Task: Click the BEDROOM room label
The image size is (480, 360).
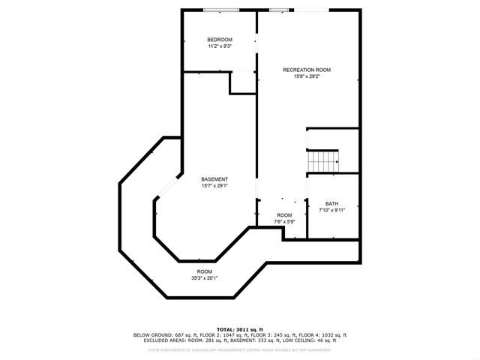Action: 220,39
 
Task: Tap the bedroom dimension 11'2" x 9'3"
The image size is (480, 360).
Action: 220,46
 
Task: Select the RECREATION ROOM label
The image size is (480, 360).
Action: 306,70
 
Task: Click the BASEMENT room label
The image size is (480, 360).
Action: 214,178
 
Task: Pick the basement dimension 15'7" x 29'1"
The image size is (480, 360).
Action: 214,185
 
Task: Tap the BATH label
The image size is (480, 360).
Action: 331,203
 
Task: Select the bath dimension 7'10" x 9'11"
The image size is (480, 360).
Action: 331,210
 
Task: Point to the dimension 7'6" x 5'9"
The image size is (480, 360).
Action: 284,221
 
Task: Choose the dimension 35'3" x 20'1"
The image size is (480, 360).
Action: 205,277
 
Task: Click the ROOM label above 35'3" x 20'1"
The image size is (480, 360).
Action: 205,271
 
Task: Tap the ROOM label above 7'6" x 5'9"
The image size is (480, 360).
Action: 284,214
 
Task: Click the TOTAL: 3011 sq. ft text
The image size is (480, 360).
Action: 239,329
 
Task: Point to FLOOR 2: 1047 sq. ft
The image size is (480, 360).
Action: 214,335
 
